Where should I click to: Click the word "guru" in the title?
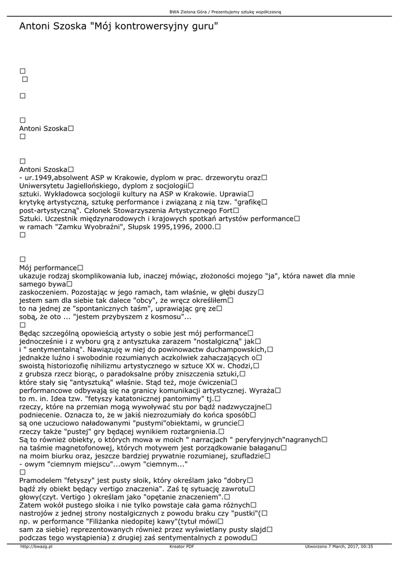coord(199,26)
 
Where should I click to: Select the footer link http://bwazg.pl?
coord(36,547)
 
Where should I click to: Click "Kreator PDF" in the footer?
coord(182,547)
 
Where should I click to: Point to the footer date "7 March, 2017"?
coord(342,547)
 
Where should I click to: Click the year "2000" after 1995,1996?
coord(199,228)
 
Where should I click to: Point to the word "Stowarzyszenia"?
coord(150,211)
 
